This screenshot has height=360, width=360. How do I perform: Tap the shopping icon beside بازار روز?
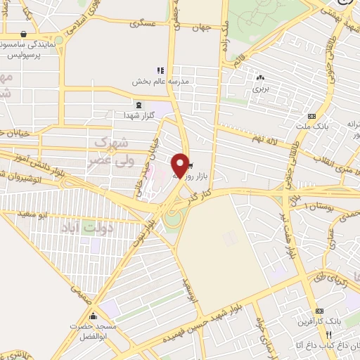tap(193, 167)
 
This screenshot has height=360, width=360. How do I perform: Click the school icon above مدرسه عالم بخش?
tap(160, 70)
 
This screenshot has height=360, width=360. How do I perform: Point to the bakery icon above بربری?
tap(261, 78)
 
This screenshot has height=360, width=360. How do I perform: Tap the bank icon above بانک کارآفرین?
tap(320, 311)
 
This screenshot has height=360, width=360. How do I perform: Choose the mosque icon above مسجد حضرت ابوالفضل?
tap(93, 317)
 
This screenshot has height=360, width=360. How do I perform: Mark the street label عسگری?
tap(142, 22)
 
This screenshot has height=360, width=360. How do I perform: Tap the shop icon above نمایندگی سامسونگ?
tap(24, 34)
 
